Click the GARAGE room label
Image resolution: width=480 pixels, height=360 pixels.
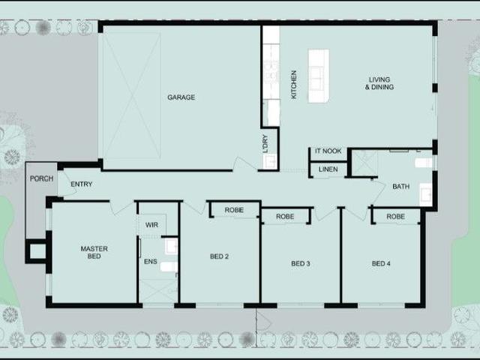pyautogui.click(x=181, y=97)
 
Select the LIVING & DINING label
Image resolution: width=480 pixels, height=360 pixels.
pyautogui.click(x=380, y=83)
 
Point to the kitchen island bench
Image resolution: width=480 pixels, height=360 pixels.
pyautogui.click(x=318, y=76)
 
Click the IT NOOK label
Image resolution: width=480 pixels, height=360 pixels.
pyautogui.click(x=328, y=151)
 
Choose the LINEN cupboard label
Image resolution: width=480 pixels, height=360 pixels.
pyautogui.click(x=328, y=170)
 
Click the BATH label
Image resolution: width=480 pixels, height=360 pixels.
pyautogui.click(x=400, y=186)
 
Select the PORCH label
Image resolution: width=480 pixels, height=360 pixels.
pyautogui.click(x=40, y=179)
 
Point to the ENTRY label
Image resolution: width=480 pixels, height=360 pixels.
pyautogui.click(x=81, y=184)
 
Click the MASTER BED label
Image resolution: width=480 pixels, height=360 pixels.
pyautogui.click(x=94, y=253)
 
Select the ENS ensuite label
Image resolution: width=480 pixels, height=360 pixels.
pyautogui.click(x=150, y=262)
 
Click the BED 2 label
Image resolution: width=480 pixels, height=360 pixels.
pyautogui.click(x=219, y=256)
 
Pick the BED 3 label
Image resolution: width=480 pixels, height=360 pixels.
pyautogui.click(x=300, y=263)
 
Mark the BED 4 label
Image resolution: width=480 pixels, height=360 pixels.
pyautogui.click(x=381, y=263)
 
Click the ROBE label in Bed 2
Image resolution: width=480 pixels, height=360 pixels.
pyautogui.click(x=234, y=211)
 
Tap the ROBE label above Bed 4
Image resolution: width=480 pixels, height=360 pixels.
pyautogui.click(x=395, y=217)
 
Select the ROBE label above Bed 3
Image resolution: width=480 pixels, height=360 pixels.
pyautogui.click(x=285, y=217)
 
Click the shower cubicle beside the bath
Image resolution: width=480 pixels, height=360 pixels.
pyautogui.click(x=364, y=163)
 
